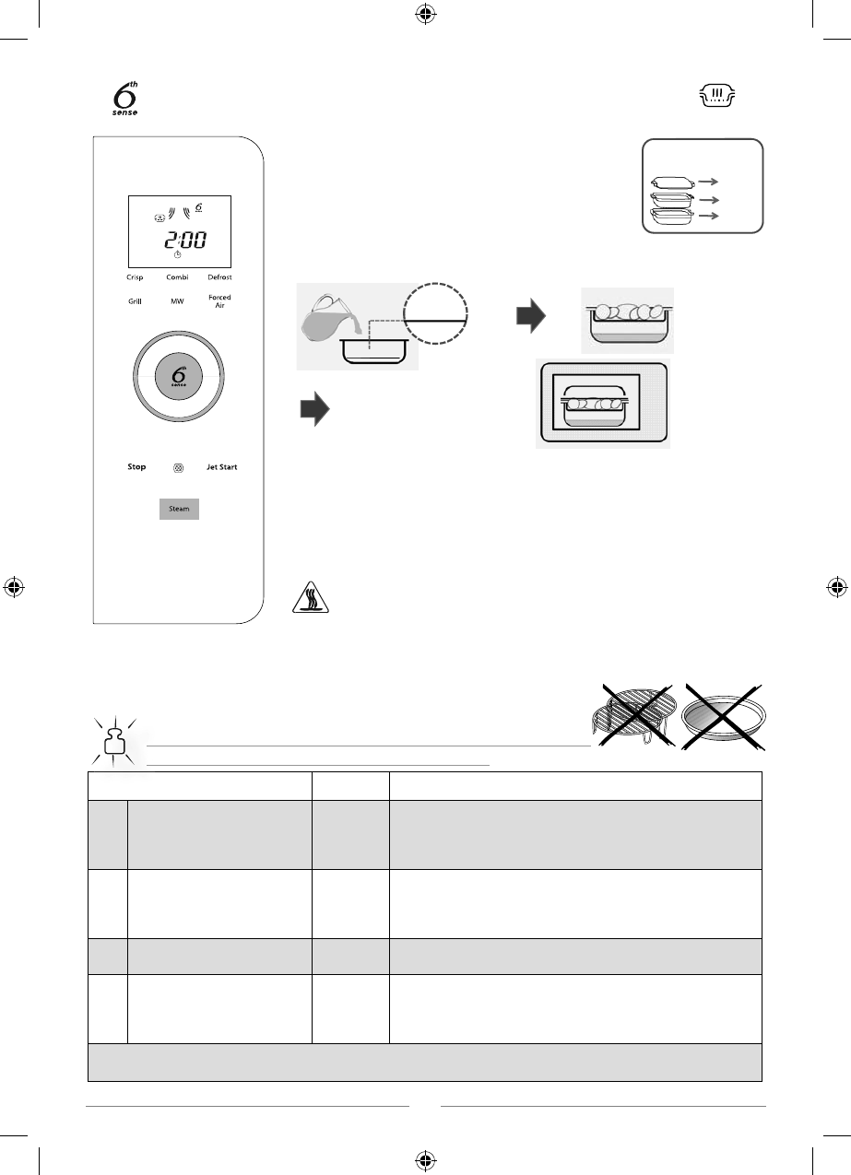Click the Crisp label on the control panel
click(136, 277)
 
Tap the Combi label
click(177, 277)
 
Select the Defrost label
click(219, 277)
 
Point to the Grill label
click(135, 301)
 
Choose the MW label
click(177, 301)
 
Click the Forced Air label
click(219, 301)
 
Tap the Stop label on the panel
click(136, 467)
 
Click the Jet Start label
click(221, 467)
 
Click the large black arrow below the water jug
click(313, 411)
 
